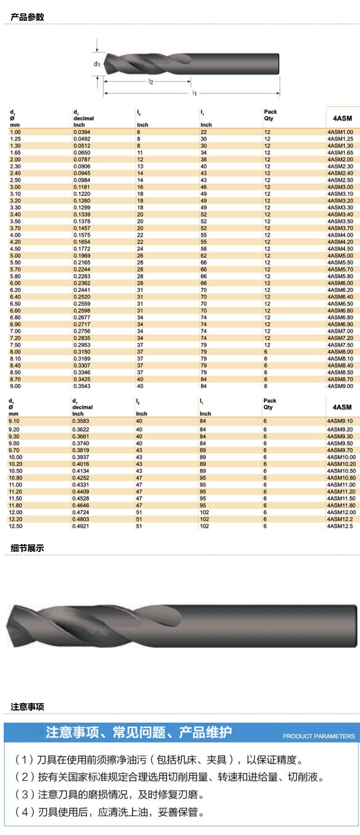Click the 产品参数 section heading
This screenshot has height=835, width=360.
click(x=27, y=17)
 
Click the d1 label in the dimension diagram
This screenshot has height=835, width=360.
click(x=96, y=64)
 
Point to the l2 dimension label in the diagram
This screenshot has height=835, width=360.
click(x=150, y=82)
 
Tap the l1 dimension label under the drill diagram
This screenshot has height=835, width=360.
click(x=195, y=93)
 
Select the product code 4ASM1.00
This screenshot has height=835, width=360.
click(x=340, y=132)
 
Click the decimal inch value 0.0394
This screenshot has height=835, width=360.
click(x=82, y=132)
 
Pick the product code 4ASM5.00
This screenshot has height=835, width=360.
click(x=340, y=256)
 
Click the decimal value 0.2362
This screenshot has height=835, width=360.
click(x=82, y=283)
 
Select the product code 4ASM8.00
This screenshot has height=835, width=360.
click(x=340, y=352)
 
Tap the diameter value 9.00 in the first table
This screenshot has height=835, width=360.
click(x=15, y=386)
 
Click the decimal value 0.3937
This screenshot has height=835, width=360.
click(x=80, y=457)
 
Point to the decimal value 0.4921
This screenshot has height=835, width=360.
click(x=80, y=526)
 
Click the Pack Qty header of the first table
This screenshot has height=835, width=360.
click(x=270, y=115)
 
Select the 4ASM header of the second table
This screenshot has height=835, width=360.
click(x=342, y=407)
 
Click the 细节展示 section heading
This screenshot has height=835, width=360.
click(x=27, y=548)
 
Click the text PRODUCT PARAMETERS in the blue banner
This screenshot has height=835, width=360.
click(x=319, y=736)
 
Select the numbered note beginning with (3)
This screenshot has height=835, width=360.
click(x=110, y=795)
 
